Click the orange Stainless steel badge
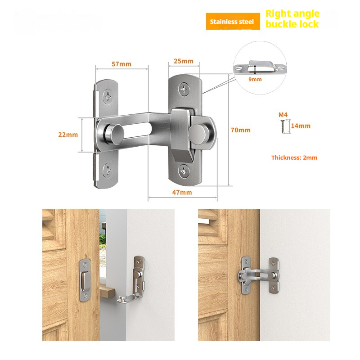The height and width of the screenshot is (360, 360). point(233,21)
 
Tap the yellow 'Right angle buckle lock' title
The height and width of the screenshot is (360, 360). point(292,19)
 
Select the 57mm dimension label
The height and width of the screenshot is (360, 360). point(121,64)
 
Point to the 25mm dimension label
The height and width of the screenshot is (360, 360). point(184,61)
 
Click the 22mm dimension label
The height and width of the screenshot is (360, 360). point(68,135)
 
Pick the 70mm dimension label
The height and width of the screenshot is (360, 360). point(240,130)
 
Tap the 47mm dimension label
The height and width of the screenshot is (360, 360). point(182,192)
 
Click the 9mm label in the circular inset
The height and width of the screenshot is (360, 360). point(255,79)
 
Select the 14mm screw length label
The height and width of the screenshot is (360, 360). point(301,126)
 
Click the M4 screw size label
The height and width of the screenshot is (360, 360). point(283,115)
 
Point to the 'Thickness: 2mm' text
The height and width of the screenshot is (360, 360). point(294,157)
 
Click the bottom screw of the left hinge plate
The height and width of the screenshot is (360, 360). point(108,170)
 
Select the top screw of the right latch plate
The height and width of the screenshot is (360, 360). point(185,89)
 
